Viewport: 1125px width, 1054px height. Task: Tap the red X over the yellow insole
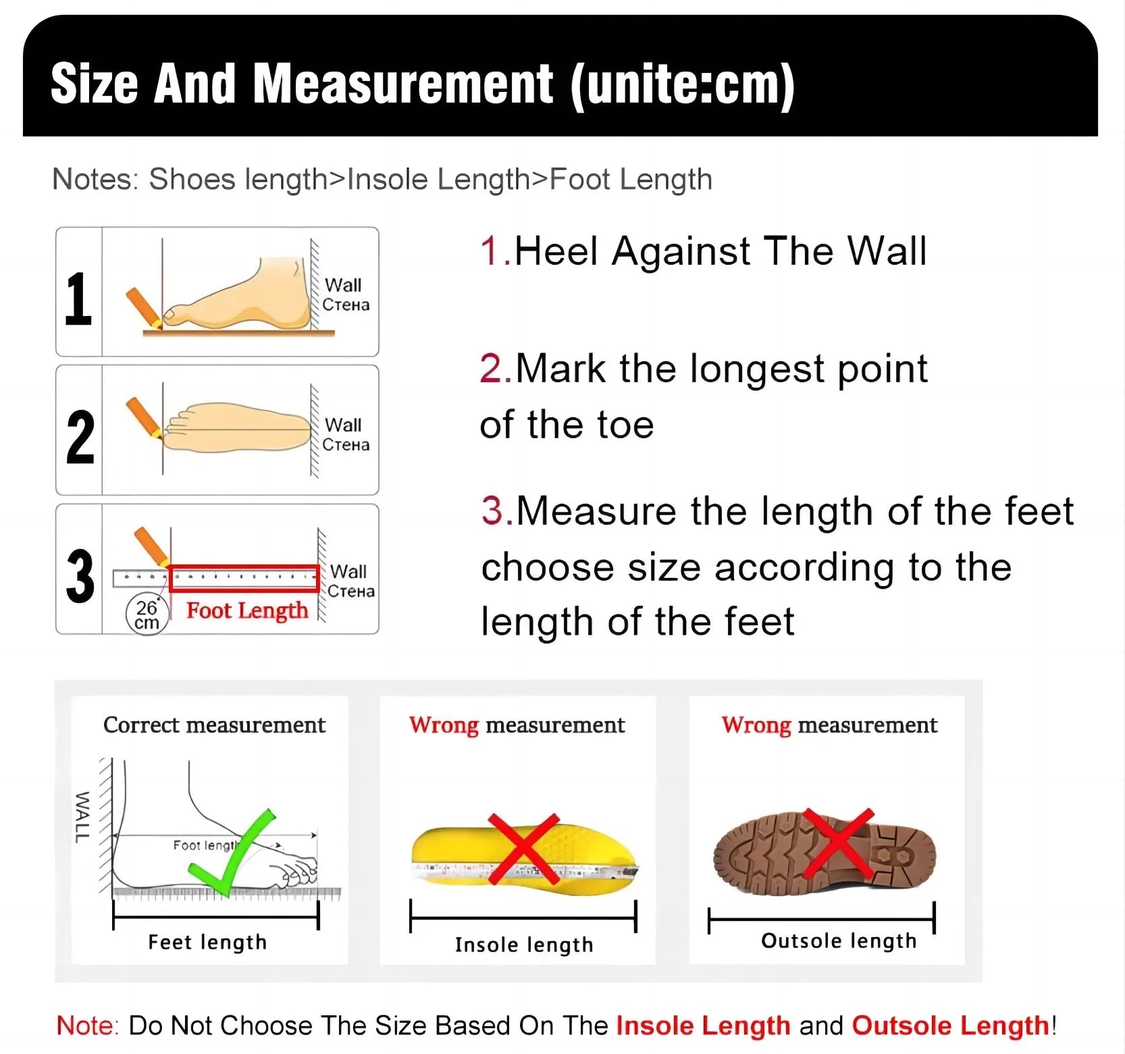click(x=523, y=849)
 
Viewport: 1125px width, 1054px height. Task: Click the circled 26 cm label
click(x=147, y=614)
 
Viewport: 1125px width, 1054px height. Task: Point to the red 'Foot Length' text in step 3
click(x=247, y=610)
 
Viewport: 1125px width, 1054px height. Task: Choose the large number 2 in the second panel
click(x=80, y=438)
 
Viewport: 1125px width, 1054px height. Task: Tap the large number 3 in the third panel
click(x=80, y=576)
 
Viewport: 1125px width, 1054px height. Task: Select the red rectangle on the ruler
click(x=244, y=579)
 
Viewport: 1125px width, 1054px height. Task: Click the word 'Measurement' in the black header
click(x=403, y=84)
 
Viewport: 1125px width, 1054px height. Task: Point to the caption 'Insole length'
click(x=524, y=945)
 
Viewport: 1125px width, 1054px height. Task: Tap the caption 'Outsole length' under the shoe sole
click(x=839, y=941)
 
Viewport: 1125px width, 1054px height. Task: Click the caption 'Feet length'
click(x=207, y=942)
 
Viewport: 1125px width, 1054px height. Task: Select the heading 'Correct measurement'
click(x=214, y=725)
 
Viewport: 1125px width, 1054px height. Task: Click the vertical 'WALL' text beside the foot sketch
click(x=81, y=817)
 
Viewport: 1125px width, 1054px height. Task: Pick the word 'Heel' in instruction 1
click(x=556, y=251)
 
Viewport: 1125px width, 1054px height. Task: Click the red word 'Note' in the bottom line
click(x=85, y=1025)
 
